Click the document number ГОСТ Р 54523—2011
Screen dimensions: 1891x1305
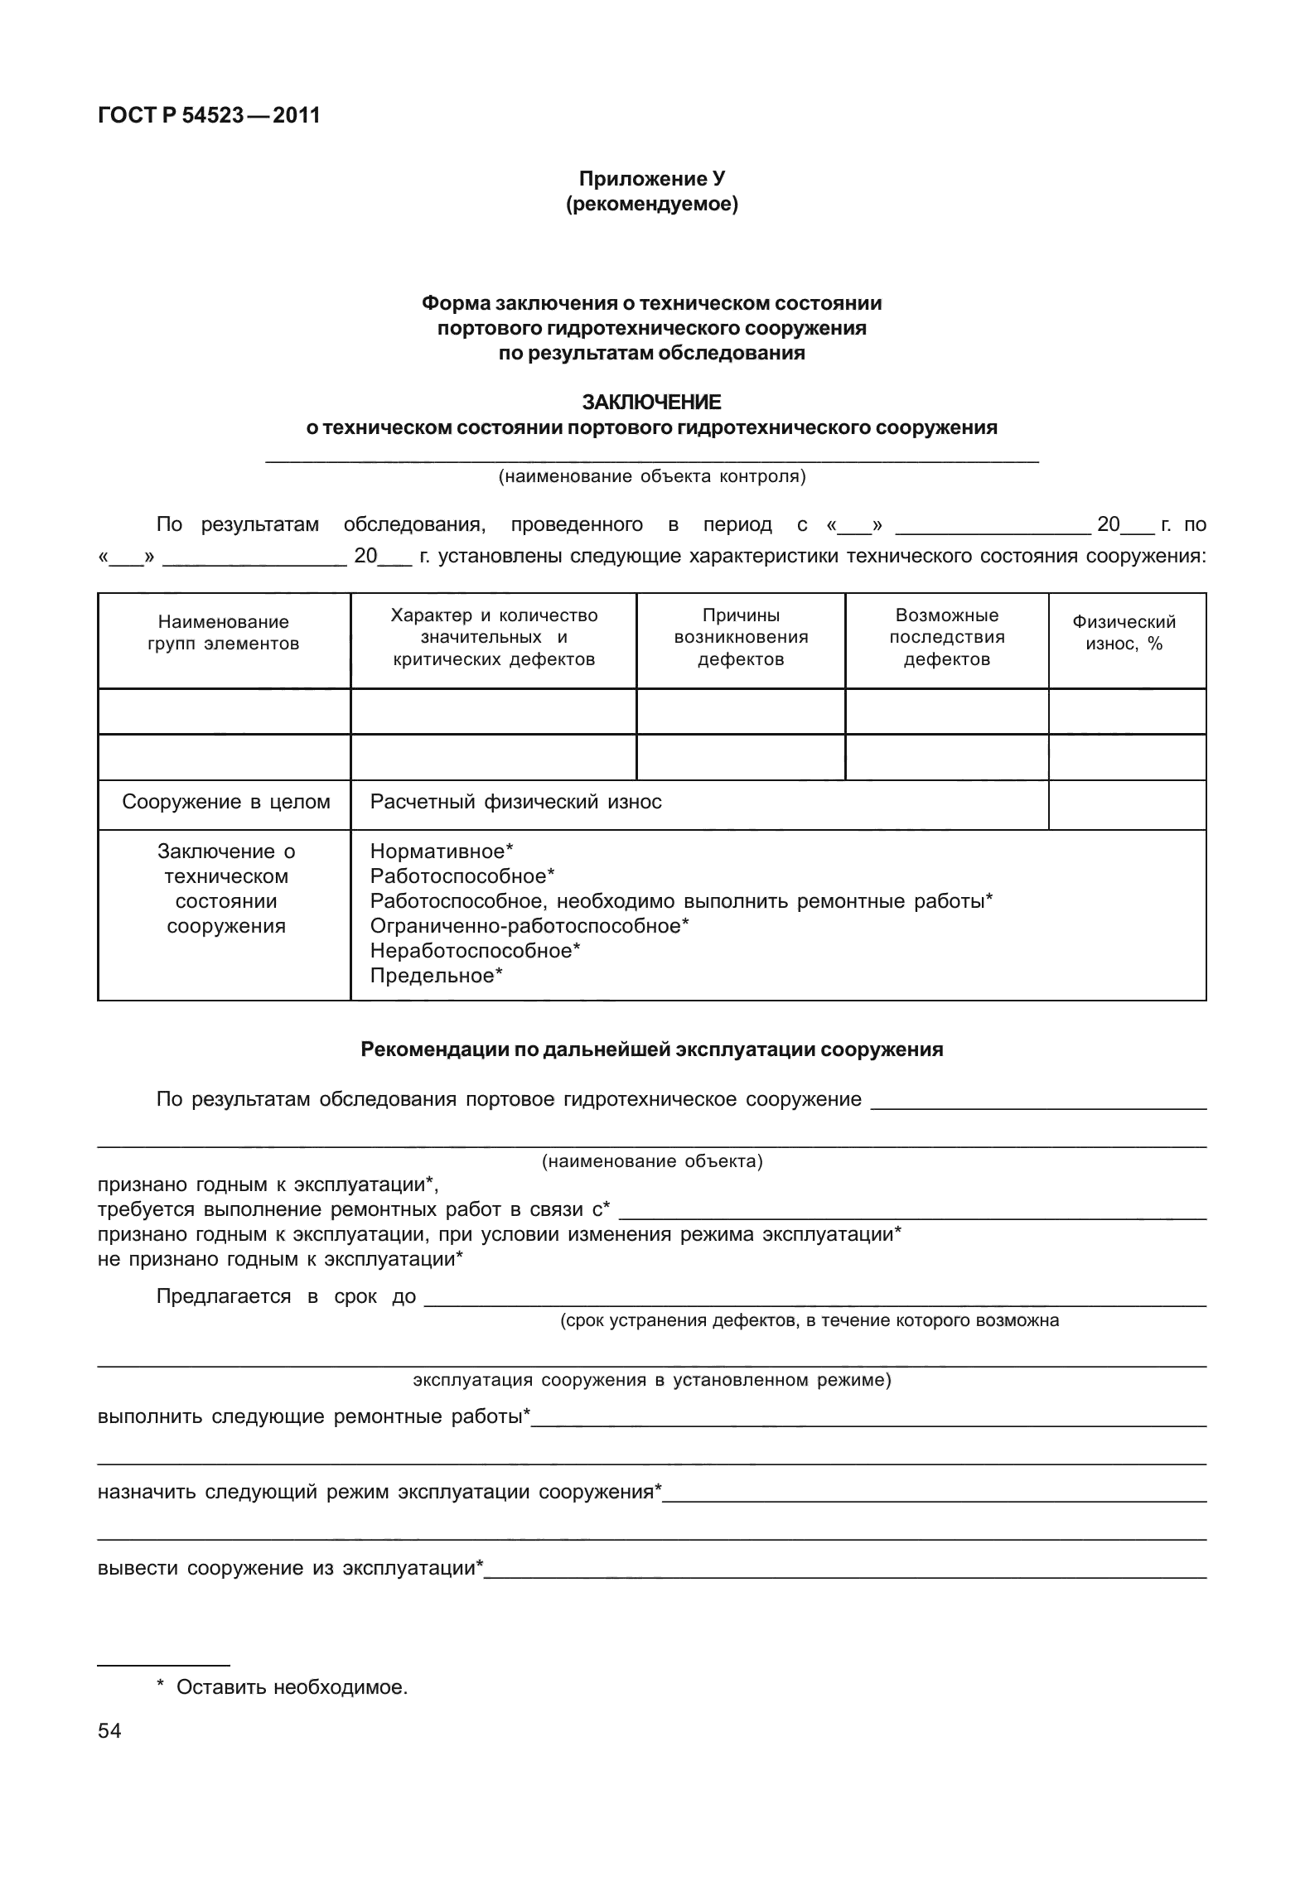[x=209, y=116]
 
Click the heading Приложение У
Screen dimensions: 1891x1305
[x=651, y=179]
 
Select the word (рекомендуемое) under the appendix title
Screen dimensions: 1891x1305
[x=651, y=204]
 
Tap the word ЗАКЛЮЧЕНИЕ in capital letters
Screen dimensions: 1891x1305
[x=651, y=403]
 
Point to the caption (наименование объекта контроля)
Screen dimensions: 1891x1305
[x=651, y=476]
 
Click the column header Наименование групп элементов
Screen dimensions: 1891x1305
[x=224, y=633]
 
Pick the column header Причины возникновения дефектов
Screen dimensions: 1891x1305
[x=741, y=637]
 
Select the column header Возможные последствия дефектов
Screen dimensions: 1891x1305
[x=946, y=637]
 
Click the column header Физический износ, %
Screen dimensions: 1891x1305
[x=1124, y=633]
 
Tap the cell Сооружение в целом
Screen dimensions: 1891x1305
[x=225, y=802]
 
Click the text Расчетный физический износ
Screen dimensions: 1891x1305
[x=515, y=802]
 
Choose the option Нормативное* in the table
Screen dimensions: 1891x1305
[x=442, y=851]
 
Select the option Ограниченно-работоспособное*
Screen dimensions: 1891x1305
[x=529, y=926]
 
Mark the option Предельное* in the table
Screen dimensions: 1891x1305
[x=436, y=976]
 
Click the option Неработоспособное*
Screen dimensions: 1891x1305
[x=475, y=951]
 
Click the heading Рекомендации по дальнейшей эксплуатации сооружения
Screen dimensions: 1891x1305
[x=651, y=1050]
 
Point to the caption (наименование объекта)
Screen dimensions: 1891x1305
[x=651, y=1161]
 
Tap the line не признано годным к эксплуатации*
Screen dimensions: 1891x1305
[x=280, y=1259]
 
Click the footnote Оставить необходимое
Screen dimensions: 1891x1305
[x=291, y=1687]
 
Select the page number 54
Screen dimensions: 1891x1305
[x=109, y=1730]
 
